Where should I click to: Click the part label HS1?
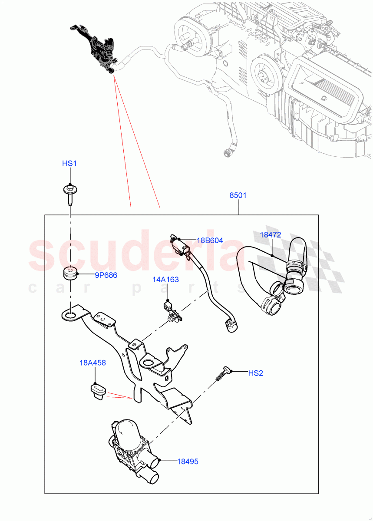[x=69, y=164]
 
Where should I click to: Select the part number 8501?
[x=238, y=195]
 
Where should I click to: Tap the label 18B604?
[x=210, y=241]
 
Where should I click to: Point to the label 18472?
[x=270, y=235]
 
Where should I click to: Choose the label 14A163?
[x=165, y=280]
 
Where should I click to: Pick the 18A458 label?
[x=92, y=363]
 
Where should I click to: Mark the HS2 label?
[x=256, y=373]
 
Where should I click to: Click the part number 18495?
[x=187, y=462]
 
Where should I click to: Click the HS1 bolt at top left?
[x=69, y=193]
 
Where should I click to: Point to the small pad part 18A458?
[x=97, y=389]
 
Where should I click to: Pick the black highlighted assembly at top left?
[x=99, y=50]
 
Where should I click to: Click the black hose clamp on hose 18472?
[x=295, y=263]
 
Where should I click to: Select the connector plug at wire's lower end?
[x=231, y=326]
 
